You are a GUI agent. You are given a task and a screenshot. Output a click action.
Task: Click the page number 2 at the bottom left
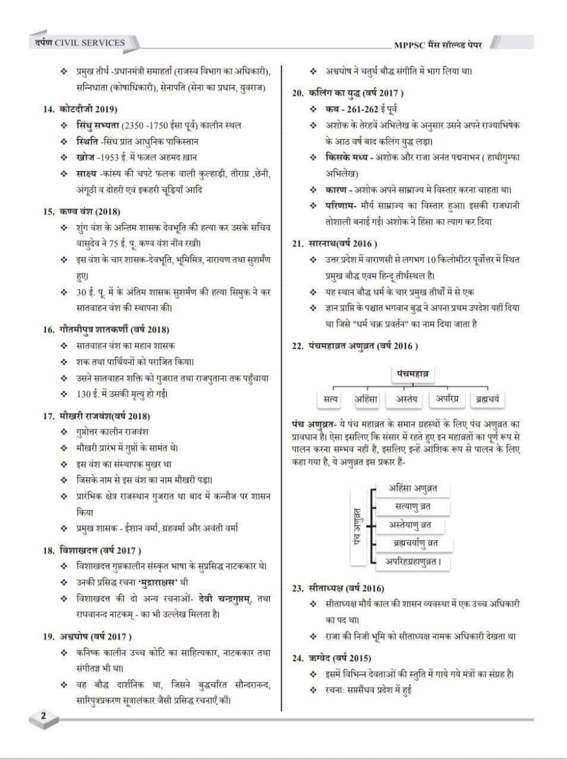(43, 715)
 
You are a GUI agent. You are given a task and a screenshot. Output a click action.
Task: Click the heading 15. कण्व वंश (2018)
(81, 211)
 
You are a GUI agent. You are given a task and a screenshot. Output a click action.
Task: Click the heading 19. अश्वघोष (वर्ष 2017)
(90, 637)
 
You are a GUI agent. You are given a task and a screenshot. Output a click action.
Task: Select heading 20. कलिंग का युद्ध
(348, 93)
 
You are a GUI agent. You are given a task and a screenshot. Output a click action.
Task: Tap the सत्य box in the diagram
(331, 400)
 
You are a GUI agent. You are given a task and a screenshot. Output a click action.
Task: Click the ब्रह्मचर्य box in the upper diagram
(486, 400)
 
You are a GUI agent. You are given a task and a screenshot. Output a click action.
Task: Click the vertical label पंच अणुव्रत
(358, 524)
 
